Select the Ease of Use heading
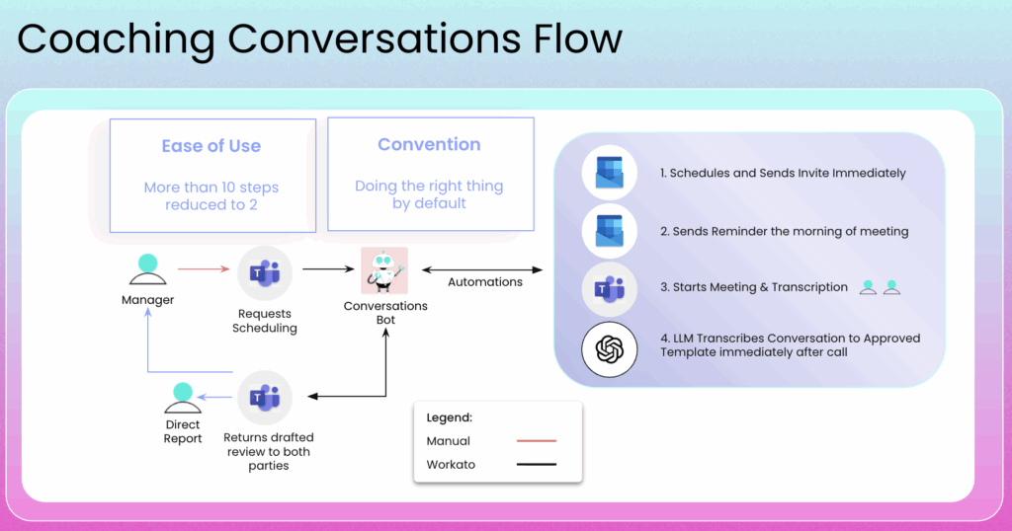[x=211, y=146]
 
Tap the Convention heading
[x=429, y=144]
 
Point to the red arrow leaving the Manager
[x=203, y=267]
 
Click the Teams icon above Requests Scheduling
[x=264, y=272]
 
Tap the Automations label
[x=485, y=282]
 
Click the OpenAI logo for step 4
[x=609, y=348]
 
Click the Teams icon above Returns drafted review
[x=264, y=398]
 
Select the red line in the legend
[x=537, y=441]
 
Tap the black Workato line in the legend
[x=537, y=464]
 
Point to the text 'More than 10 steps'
[x=211, y=188]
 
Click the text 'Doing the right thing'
[x=429, y=186]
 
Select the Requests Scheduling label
[x=264, y=321]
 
